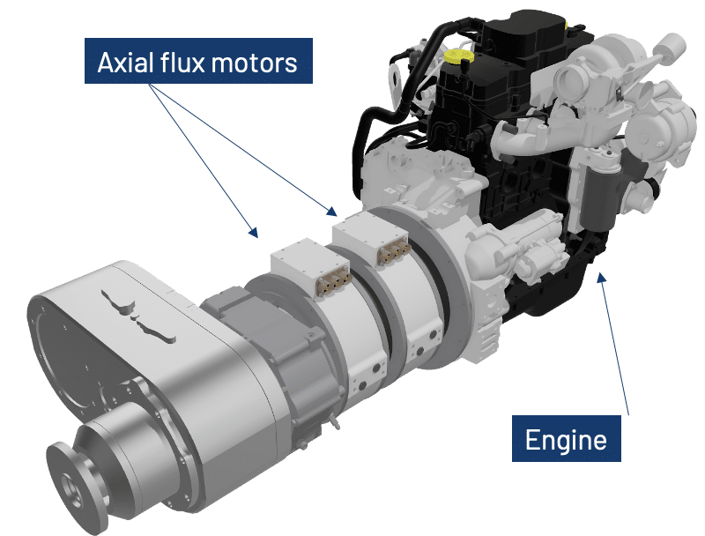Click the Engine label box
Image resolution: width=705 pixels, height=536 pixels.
click(566, 438)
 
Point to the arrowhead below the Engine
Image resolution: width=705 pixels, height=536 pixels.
click(602, 278)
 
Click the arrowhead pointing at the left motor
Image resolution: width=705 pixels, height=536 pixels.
click(254, 232)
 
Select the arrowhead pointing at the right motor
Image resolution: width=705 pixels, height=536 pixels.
click(332, 211)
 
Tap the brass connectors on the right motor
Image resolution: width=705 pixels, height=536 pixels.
click(394, 252)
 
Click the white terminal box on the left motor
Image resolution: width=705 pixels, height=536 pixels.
click(310, 264)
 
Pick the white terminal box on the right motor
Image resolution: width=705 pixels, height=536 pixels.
click(369, 236)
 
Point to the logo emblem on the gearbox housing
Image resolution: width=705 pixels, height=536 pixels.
click(138, 314)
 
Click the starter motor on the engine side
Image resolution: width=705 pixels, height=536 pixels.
click(522, 249)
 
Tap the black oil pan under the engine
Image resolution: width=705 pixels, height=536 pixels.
click(547, 287)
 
